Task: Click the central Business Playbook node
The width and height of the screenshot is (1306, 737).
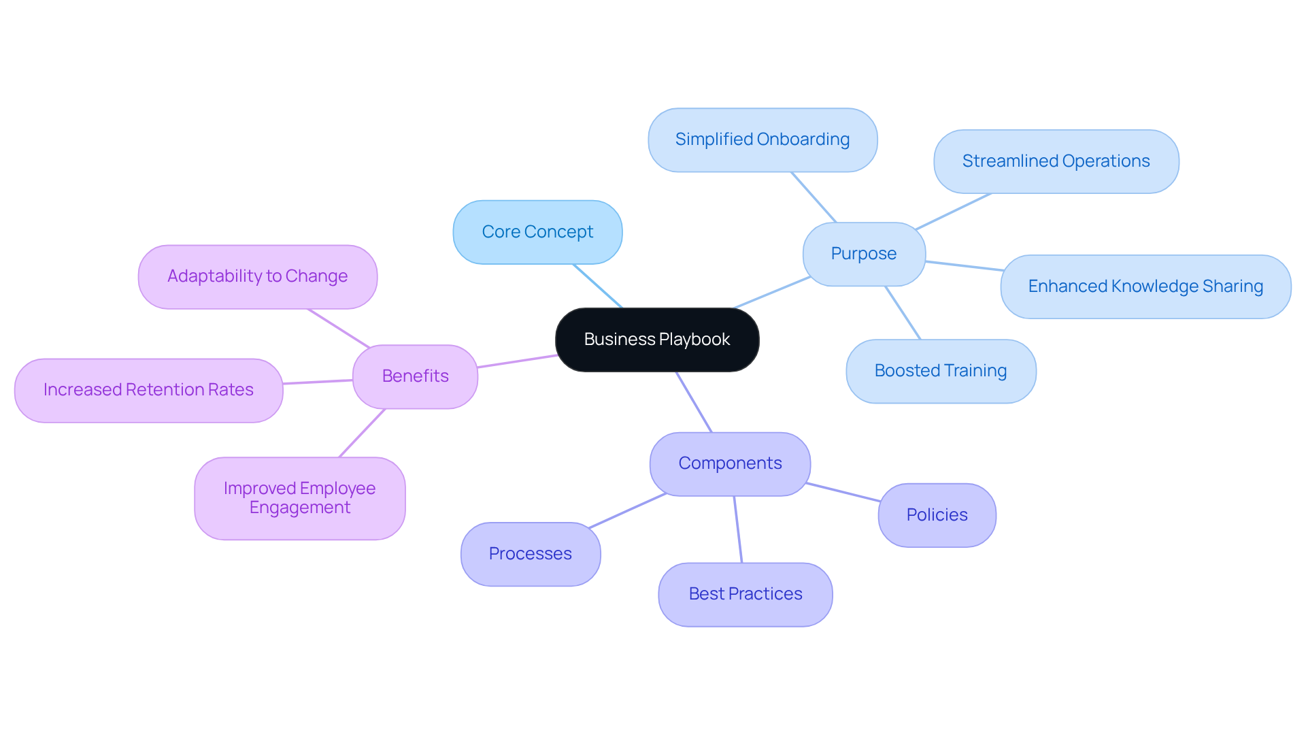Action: click(x=657, y=340)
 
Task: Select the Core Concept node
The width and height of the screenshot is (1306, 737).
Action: click(x=537, y=232)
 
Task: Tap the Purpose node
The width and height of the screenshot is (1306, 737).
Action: click(x=864, y=254)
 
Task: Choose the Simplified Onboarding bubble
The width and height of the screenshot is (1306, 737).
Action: click(x=763, y=140)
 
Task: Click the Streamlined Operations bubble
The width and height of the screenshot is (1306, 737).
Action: click(x=1056, y=161)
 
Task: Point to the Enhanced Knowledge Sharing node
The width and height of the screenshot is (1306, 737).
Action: click(x=1145, y=286)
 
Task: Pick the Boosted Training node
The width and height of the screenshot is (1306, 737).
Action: click(x=941, y=371)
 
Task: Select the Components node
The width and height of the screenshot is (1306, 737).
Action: click(x=730, y=463)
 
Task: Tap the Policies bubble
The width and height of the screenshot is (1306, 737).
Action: click(x=937, y=515)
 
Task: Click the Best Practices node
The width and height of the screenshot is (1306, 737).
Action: click(x=746, y=594)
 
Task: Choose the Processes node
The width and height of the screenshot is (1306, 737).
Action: click(x=531, y=554)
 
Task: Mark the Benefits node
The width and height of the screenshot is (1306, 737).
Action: click(x=415, y=376)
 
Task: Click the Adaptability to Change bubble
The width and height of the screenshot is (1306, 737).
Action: click(x=257, y=276)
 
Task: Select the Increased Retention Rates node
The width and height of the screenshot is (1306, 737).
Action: click(x=148, y=390)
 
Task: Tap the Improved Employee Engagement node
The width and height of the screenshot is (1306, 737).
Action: click(x=299, y=498)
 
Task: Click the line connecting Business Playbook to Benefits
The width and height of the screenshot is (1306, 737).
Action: click(x=517, y=361)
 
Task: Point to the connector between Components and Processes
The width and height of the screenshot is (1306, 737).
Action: click(x=627, y=511)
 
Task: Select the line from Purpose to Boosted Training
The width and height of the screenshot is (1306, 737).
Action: click(x=903, y=312)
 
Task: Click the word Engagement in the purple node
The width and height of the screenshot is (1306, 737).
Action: click(x=300, y=508)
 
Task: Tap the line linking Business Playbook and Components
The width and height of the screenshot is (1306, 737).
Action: click(x=694, y=402)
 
